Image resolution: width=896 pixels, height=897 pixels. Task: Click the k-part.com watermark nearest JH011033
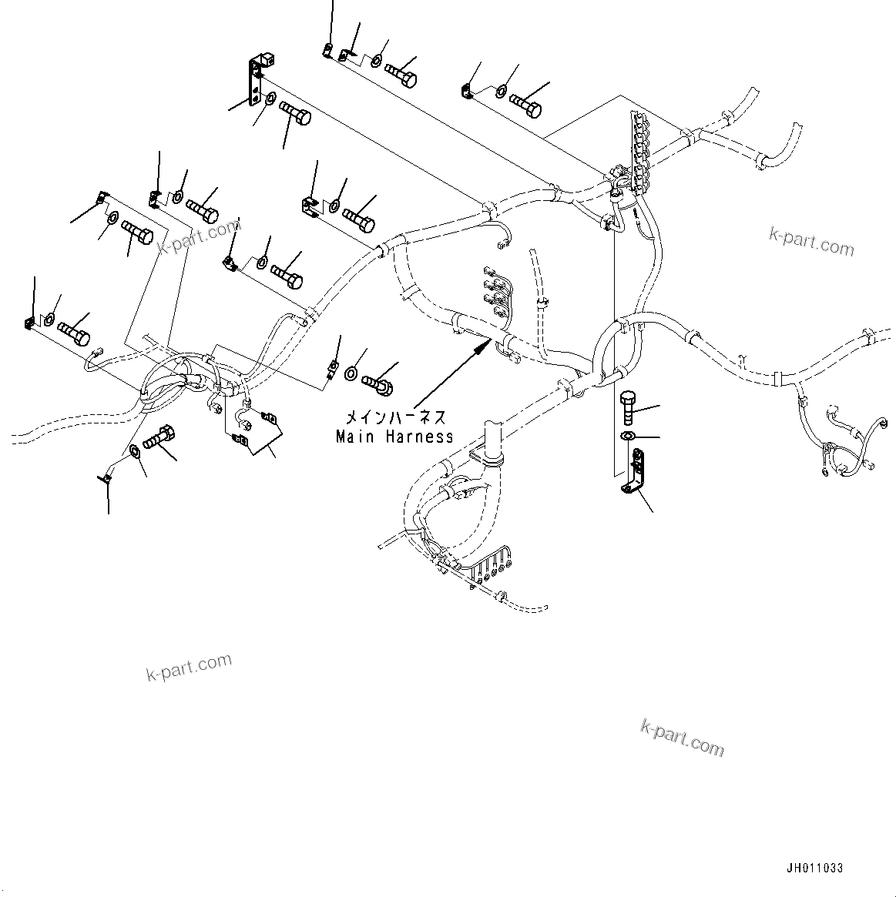click(682, 737)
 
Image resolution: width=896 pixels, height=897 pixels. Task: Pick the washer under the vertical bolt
click(628, 437)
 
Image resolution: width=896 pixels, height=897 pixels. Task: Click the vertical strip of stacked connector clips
click(639, 146)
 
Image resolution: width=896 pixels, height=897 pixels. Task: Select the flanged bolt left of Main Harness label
click(378, 379)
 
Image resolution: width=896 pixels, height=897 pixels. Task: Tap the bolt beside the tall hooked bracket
click(294, 116)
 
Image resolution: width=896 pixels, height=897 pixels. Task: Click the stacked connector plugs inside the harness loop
click(494, 291)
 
